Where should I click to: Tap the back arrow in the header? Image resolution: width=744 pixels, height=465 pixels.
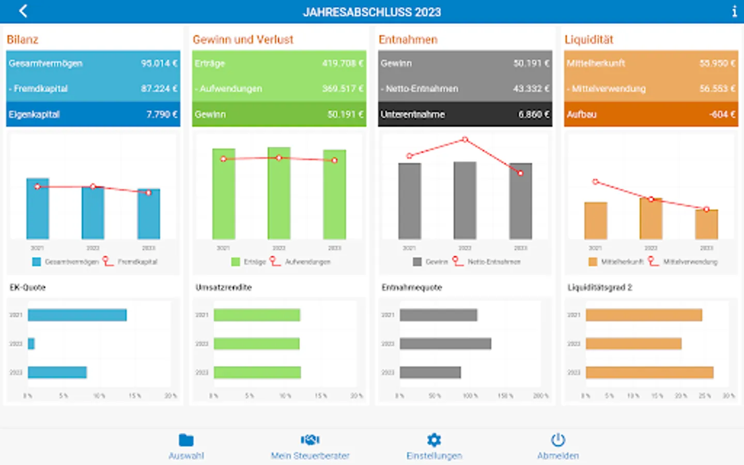(x=23, y=11)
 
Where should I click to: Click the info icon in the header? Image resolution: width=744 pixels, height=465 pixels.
(x=734, y=11)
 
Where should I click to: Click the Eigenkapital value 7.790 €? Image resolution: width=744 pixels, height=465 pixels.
(x=161, y=114)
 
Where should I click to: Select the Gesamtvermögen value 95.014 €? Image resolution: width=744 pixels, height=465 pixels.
(x=159, y=63)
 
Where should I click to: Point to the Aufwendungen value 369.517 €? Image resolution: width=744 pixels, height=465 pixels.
(x=343, y=88)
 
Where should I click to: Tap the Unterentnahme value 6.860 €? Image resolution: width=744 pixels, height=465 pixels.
(x=534, y=114)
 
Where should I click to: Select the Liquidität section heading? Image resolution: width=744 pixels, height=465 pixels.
(x=588, y=40)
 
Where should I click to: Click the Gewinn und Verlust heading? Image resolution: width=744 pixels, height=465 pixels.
(x=243, y=40)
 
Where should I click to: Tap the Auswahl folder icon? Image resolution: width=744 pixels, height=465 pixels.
(x=186, y=440)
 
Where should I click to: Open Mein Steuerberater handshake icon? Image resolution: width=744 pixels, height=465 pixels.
(x=310, y=440)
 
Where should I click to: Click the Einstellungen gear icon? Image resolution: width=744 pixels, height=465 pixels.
(x=434, y=440)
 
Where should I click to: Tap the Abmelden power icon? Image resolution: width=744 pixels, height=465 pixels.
(x=558, y=440)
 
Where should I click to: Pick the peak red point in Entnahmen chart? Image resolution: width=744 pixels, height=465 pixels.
(x=465, y=139)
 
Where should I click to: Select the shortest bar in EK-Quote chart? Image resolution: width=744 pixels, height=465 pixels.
(x=32, y=344)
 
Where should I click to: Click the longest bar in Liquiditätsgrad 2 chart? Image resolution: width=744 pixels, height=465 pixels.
(x=649, y=373)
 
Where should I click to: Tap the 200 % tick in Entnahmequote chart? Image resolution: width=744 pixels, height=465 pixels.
(x=540, y=396)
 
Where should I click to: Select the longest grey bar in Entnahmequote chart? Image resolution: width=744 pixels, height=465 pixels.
(x=445, y=344)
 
